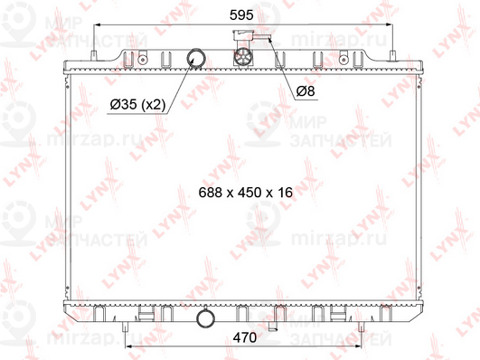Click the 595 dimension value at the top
pos(241,15)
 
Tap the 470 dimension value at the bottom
pos(245,337)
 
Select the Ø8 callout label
pos(306,90)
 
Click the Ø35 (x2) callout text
pos(137,105)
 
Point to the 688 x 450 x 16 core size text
pos(246,193)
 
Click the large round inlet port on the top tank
pos(196,58)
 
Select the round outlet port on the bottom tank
pos(205,318)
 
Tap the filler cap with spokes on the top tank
pos(243,57)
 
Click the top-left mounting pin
pos(94,56)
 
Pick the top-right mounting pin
pos(392,56)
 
